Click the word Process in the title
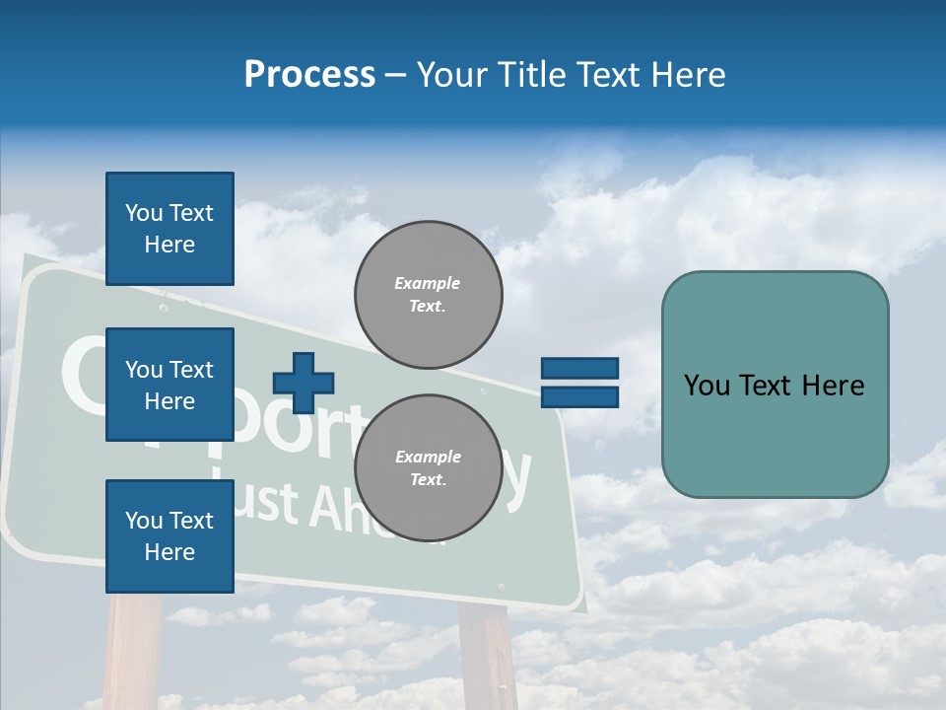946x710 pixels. (309, 75)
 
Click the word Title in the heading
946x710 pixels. (530, 75)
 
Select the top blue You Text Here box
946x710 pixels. (169, 229)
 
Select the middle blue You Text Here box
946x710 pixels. (169, 385)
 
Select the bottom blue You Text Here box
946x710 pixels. (169, 535)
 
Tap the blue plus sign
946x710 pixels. (303, 383)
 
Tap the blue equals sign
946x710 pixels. (579, 383)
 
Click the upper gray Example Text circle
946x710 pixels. (428, 294)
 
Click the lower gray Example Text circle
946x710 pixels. (428, 468)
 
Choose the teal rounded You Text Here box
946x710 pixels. (775, 385)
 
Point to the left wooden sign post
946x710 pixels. (133, 651)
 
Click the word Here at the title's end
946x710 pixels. (690, 75)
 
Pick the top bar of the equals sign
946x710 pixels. (579, 369)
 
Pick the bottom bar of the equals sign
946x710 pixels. (579, 396)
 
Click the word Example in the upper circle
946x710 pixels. (428, 283)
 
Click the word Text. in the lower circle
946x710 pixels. (428, 480)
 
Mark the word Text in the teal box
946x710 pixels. (775, 386)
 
